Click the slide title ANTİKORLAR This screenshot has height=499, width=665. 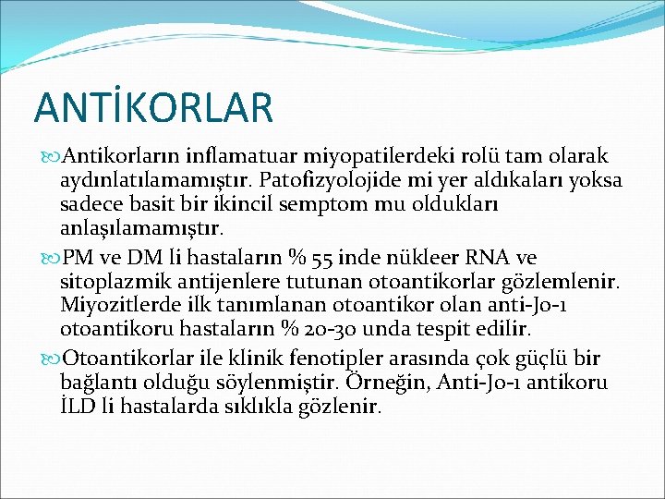tap(154, 106)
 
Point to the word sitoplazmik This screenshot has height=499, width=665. tap(106, 280)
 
